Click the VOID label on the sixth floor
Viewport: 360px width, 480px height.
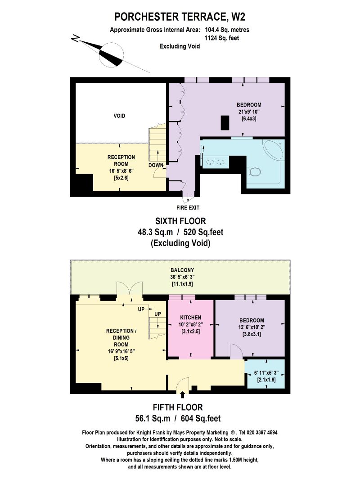pos(119,116)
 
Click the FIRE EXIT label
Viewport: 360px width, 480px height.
pos(188,207)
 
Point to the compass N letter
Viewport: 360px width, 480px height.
pos(75,38)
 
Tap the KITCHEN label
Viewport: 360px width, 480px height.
pos(190,318)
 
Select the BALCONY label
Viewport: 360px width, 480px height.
pos(182,270)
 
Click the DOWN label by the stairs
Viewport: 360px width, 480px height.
pos(156,165)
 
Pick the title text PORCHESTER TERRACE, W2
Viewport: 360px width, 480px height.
pos(180,17)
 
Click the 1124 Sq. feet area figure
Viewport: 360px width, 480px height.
pos(222,38)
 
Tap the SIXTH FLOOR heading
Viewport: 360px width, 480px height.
pos(180,221)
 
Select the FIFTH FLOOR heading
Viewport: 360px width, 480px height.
pos(178,408)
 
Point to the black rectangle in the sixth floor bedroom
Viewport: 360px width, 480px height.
pos(225,123)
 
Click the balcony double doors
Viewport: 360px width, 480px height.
pos(130,289)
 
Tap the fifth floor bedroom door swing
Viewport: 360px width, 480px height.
pos(236,351)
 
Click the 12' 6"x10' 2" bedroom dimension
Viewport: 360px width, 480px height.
pos(252,327)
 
